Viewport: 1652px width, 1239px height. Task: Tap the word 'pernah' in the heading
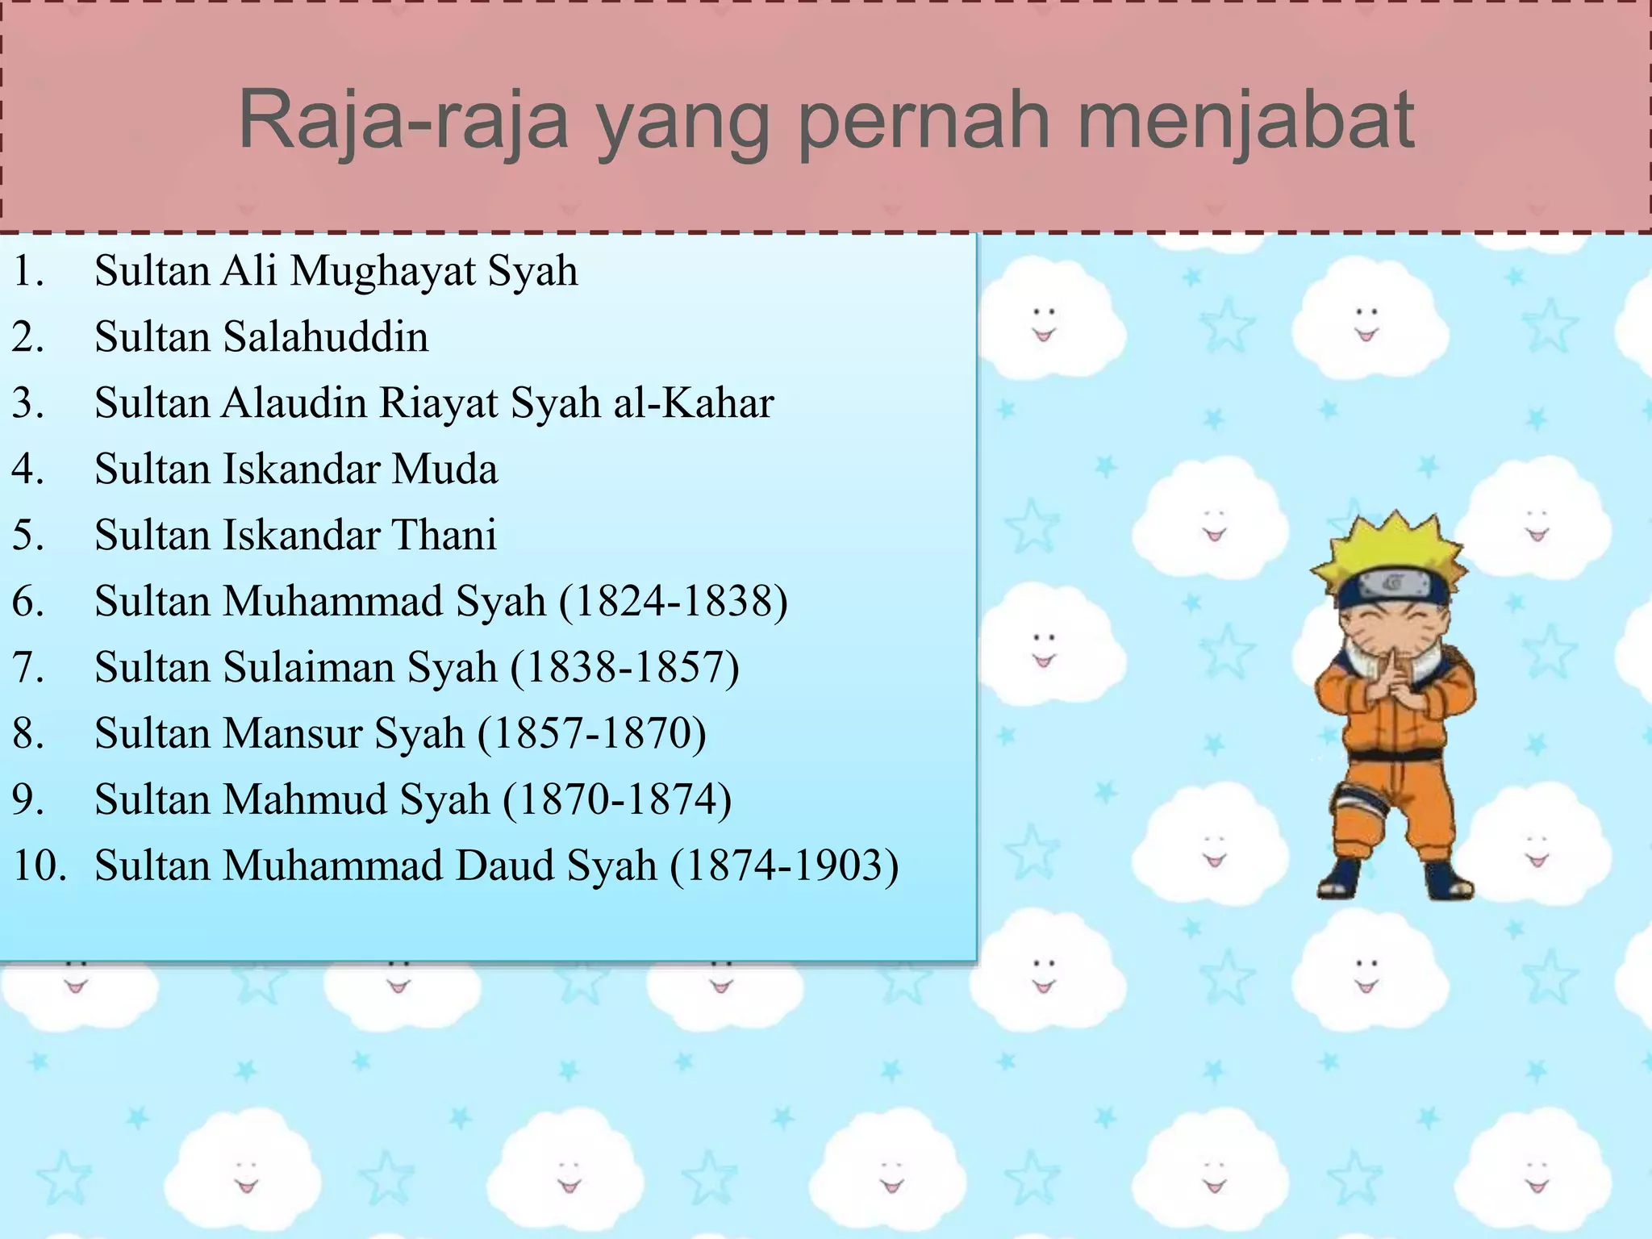tap(924, 121)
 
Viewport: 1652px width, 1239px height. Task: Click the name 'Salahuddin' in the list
tap(325, 337)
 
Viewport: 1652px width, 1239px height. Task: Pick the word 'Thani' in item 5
tap(444, 536)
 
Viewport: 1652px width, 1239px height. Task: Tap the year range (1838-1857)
tap(624, 668)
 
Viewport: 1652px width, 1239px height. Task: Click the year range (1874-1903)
tap(783, 866)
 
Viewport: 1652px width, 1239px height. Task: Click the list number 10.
tap(39, 866)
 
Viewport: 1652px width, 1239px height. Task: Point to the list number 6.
tap(28, 602)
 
